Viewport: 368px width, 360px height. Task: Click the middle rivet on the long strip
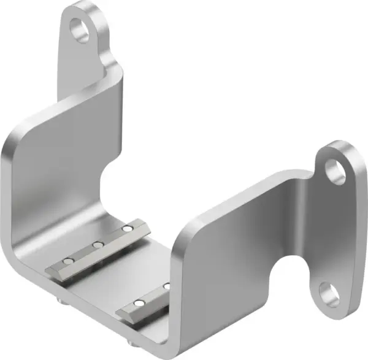click(x=98, y=245)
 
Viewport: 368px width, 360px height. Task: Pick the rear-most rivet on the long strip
click(x=126, y=229)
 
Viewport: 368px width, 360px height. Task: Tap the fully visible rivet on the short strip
click(x=140, y=303)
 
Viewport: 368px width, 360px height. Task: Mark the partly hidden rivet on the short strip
click(x=166, y=286)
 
